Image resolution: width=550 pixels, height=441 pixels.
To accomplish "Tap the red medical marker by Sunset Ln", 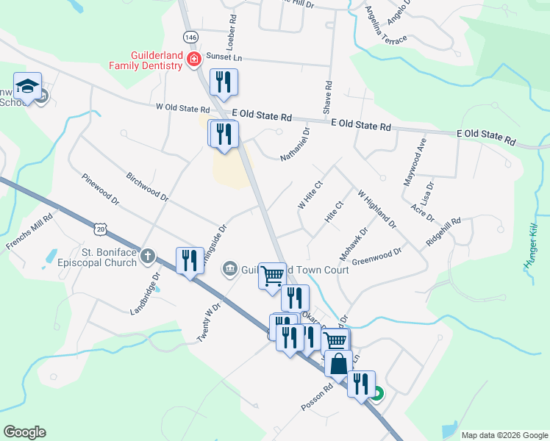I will tap(194, 59).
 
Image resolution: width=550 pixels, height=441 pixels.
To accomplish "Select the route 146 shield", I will tap(191, 37).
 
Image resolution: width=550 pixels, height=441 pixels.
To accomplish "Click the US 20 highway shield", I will tap(101, 230).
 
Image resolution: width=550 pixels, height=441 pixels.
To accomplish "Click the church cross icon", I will tap(148, 257).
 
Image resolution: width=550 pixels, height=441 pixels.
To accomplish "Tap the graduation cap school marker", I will tap(28, 87).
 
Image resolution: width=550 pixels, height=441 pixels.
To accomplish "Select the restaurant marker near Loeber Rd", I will tap(224, 82).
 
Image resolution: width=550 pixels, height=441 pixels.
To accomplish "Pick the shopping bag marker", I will tap(338, 364).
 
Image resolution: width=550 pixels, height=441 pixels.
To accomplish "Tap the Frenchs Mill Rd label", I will tap(30, 231).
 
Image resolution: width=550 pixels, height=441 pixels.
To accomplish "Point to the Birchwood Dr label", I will tap(147, 188).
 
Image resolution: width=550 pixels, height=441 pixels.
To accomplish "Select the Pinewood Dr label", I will tap(101, 188).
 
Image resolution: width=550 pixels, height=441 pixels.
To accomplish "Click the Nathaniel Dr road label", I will tap(295, 143).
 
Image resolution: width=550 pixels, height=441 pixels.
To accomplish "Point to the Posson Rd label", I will tap(317, 396).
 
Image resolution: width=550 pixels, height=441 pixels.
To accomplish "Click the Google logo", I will tap(24, 432).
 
